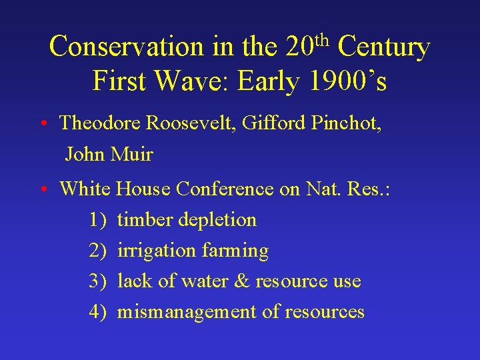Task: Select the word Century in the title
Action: tap(384, 47)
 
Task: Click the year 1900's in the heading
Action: tap(349, 81)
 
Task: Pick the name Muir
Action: tap(133, 155)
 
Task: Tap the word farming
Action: tap(235, 251)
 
